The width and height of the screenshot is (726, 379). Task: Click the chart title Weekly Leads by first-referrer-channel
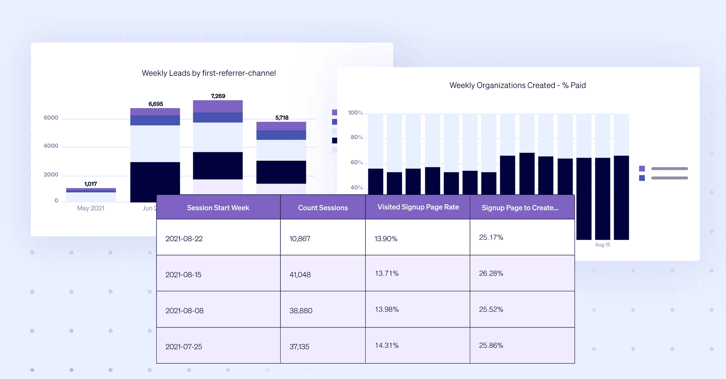point(208,73)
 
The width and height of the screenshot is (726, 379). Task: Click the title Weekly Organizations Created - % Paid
point(517,85)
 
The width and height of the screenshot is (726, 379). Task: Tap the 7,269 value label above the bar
point(218,96)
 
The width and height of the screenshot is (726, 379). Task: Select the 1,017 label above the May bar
point(90,184)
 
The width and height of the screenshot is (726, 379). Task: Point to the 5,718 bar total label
point(282,118)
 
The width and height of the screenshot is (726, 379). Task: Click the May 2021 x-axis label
point(90,208)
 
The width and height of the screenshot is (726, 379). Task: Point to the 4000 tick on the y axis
point(51,146)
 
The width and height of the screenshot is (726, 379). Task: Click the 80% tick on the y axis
point(356,137)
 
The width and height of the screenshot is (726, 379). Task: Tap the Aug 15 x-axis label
point(602,245)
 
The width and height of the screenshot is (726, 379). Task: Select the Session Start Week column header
point(218,208)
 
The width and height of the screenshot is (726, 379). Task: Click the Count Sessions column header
point(323,208)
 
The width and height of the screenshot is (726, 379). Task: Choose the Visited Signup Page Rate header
point(418,207)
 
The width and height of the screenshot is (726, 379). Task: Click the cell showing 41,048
point(300,275)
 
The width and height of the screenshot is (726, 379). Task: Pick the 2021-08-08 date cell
point(184,311)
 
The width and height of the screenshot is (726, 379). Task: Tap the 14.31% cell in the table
point(387,345)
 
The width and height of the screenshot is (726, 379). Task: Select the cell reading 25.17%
point(491,237)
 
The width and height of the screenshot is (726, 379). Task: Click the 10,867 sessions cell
point(300,239)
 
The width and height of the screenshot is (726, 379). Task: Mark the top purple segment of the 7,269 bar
point(218,106)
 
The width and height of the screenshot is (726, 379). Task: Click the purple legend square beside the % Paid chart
point(642,169)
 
